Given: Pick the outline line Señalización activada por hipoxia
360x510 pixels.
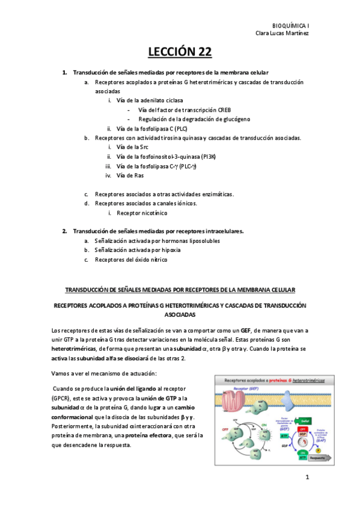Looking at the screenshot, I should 141,250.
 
